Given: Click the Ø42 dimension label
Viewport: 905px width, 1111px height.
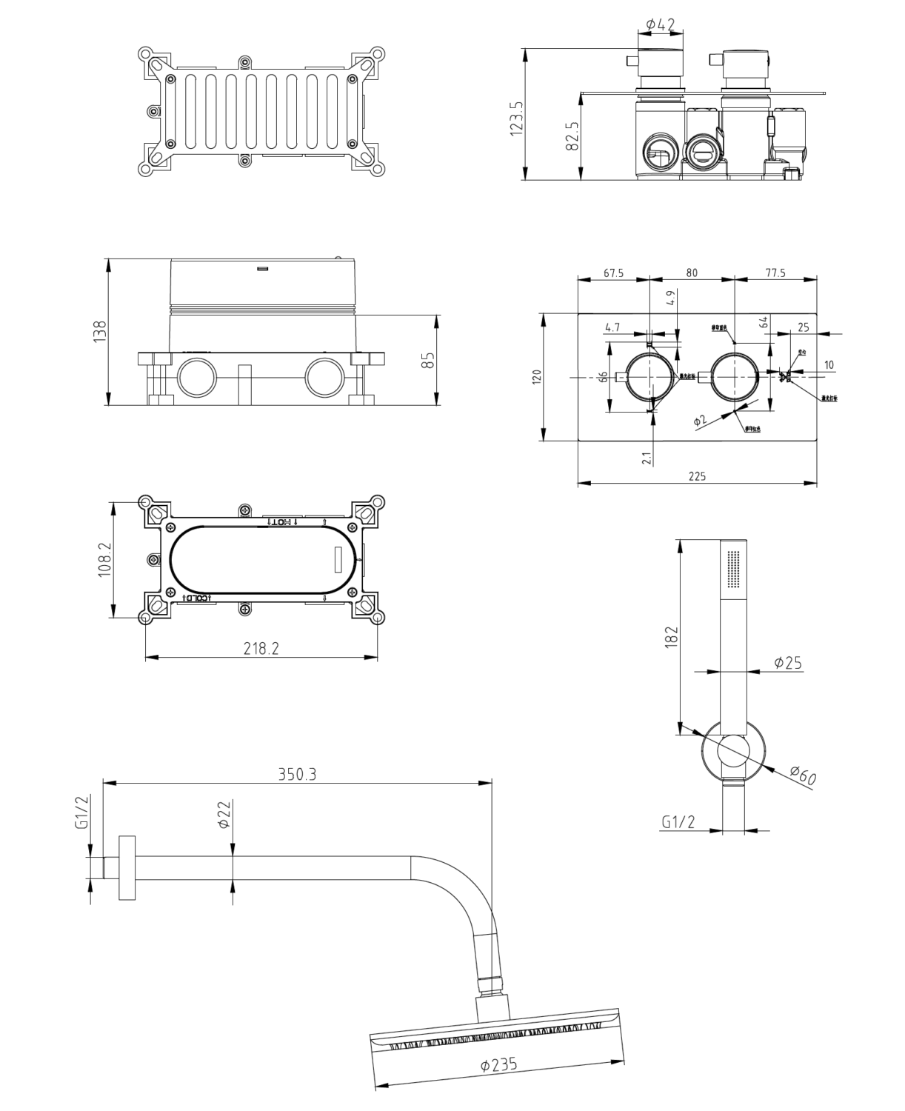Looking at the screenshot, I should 660,25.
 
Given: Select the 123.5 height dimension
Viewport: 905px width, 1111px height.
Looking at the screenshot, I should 517,118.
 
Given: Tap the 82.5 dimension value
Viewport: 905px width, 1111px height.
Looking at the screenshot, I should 572,136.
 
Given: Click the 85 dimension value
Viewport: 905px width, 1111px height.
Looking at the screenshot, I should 429,360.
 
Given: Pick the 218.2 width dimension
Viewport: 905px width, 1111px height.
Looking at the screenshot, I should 261,648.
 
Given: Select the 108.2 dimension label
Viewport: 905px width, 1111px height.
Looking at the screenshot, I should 104,560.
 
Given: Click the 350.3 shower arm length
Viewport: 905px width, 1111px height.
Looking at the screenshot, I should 297,774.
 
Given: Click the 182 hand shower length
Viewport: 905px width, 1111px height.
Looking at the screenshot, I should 671,635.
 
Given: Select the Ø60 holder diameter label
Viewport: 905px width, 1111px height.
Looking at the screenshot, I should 802,776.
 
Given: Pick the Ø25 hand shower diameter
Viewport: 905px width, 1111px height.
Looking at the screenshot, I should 787,663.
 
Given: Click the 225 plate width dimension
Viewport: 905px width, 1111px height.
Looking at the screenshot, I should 697,476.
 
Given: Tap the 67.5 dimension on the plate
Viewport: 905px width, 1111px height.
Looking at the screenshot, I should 613,273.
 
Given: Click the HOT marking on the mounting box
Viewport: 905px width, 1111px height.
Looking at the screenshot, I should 282,522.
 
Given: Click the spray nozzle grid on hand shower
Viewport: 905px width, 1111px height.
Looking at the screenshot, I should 734,569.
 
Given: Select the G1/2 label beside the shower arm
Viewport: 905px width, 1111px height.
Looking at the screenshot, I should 82,813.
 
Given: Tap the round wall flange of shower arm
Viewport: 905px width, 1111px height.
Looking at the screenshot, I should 127,867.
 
